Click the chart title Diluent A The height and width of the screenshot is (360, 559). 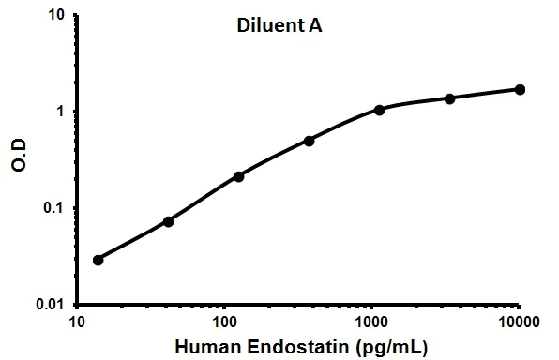[x=279, y=25]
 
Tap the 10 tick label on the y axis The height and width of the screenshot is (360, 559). [x=56, y=16]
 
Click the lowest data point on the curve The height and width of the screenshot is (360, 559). [x=98, y=260]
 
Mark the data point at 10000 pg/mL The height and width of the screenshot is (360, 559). [x=521, y=89]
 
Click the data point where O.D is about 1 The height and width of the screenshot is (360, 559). [x=380, y=110]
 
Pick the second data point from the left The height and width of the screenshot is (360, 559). [x=168, y=221]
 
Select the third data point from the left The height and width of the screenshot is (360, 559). [x=238, y=176]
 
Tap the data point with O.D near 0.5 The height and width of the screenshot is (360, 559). [x=309, y=141]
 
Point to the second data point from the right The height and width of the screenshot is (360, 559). [x=450, y=98]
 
